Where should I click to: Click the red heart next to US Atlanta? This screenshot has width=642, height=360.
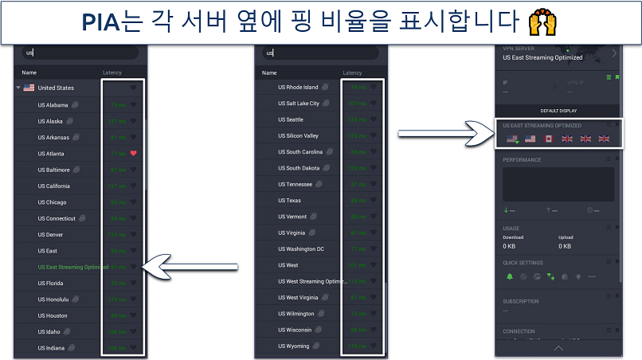(x=134, y=153)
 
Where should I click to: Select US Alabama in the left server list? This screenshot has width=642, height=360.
(x=53, y=104)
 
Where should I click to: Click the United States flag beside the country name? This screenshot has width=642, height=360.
(x=29, y=88)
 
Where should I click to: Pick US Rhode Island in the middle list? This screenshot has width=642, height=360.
(x=298, y=87)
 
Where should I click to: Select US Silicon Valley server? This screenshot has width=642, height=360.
(x=298, y=135)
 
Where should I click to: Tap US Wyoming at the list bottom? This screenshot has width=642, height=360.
(x=293, y=346)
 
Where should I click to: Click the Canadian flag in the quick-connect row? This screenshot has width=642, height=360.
(x=548, y=139)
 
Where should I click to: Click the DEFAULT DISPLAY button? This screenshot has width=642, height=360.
(x=558, y=111)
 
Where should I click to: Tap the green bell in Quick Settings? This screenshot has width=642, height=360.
(x=509, y=276)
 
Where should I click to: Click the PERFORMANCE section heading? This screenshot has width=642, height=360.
(x=522, y=160)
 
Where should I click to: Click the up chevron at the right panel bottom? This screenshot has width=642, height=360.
(x=558, y=348)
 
